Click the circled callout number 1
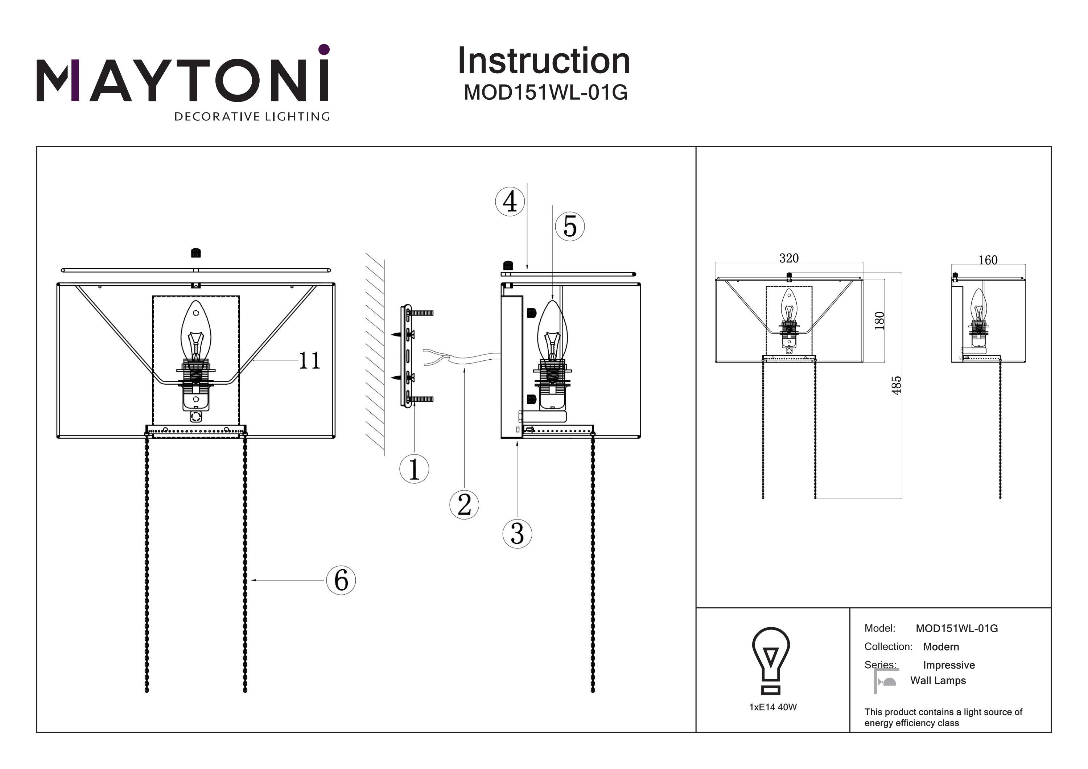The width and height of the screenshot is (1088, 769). (x=414, y=468)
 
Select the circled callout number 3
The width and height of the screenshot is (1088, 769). (x=517, y=534)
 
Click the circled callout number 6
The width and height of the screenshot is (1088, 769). (x=341, y=580)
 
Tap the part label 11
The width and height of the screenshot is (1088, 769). (x=309, y=361)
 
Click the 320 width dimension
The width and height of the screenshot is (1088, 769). (x=789, y=258)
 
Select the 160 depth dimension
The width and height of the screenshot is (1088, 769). (x=988, y=260)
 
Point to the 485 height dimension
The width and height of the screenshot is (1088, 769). (x=896, y=385)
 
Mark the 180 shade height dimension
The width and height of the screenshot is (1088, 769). (x=879, y=321)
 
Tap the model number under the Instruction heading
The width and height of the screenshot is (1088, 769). (x=545, y=92)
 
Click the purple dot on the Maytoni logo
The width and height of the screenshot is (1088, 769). (x=324, y=49)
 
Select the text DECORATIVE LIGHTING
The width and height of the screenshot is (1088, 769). (x=252, y=116)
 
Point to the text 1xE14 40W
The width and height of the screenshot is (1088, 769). (x=773, y=707)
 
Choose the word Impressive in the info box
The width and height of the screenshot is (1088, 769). (x=949, y=665)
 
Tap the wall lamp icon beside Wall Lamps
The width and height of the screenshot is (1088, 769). (x=886, y=681)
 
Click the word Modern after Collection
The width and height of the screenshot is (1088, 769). (x=941, y=647)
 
